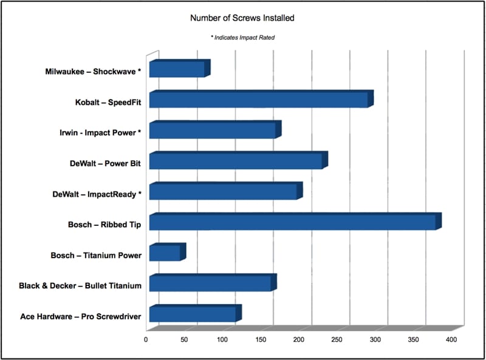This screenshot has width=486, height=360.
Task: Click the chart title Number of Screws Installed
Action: (242, 18)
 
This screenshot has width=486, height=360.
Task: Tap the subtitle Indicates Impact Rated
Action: (242, 38)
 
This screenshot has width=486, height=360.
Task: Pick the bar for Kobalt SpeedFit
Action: (258, 100)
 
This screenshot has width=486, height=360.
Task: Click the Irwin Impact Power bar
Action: (212, 131)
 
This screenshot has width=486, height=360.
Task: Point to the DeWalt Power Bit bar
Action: (236, 161)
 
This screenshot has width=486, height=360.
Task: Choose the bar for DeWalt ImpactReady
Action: (223, 192)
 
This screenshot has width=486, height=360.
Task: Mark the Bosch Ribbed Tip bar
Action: (292, 223)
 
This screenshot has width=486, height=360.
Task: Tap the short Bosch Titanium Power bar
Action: (165, 253)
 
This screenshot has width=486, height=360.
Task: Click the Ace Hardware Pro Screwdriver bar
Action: (193, 314)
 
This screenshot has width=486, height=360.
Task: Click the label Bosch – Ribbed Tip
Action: (104, 225)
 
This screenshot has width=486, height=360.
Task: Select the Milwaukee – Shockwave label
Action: (93, 72)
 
